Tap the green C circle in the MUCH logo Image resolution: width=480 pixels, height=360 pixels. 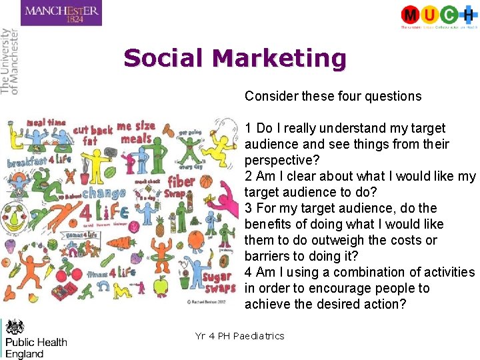pos(449,14)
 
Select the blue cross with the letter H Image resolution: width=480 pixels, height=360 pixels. pos(469,14)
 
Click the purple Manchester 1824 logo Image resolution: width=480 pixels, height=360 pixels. pos(61,13)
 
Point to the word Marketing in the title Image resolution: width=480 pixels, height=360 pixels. pos(279,59)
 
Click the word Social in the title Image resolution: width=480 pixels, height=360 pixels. pos(163,59)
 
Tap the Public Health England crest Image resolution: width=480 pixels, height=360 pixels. pos(15,327)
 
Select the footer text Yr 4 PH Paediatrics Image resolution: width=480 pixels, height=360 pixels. pos(239,336)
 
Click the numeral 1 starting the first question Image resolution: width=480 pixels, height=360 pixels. pos(248,128)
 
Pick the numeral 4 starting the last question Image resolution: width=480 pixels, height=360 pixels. pos(248,272)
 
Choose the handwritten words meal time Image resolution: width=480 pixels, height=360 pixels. pos(45,123)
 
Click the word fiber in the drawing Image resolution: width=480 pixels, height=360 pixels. pos(181,181)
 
